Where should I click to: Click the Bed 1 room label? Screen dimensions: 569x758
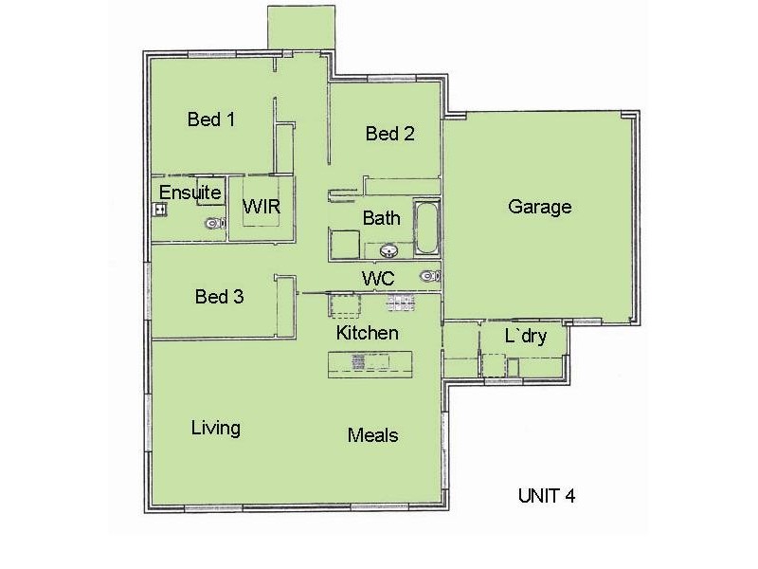click(x=210, y=119)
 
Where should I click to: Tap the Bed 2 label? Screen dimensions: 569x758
click(x=389, y=134)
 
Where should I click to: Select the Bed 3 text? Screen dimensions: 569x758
click(x=219, y=297)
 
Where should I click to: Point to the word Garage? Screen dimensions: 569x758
click(x=539, y=207)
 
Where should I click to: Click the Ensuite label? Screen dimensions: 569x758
click(x=189, y=193)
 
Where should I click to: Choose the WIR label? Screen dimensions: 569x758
click(x=262, y=207)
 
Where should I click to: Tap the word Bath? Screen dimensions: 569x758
click(x=381, y=218)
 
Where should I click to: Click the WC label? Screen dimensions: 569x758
click(x=378, y=278)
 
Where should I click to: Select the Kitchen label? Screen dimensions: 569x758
click(x=368, y=333)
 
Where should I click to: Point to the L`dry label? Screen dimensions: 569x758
click(x=525, y=337)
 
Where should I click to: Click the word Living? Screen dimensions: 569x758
click(x=215, y=428)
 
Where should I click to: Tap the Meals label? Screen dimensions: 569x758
click(x=372, y=435)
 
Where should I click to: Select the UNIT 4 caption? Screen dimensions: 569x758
click(x=547, y=495)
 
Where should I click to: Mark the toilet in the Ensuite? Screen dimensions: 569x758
click(x=215, y=224)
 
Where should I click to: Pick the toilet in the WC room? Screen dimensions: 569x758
click(x=430, y=276)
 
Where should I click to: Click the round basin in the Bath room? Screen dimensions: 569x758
click(x=389, y=250)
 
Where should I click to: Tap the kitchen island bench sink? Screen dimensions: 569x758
click(x=359, y=360)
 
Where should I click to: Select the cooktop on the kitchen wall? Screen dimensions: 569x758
click(x=400, y=303)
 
